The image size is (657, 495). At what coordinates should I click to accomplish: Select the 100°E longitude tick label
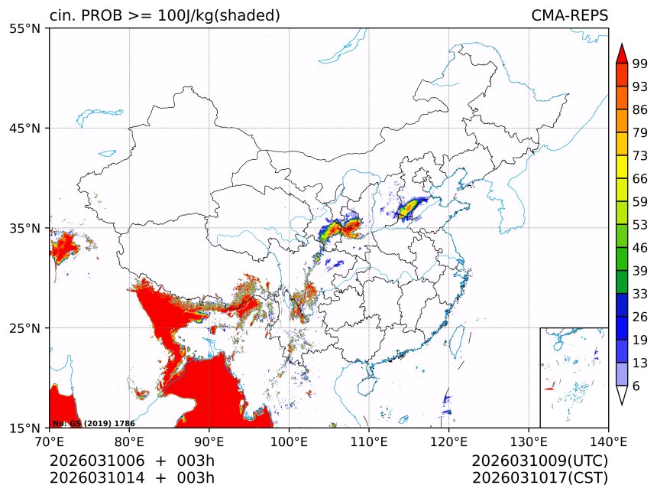(x=289, y=441)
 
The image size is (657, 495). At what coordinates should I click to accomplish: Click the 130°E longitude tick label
(x=529, y=441)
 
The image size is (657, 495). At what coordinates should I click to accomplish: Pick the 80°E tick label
(x=129, y=441)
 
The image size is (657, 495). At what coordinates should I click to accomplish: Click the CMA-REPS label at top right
(x=569, y=16)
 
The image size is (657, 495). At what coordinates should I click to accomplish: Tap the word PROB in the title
(x=96, y=16)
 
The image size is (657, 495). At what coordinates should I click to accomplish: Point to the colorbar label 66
(x=640, y=178)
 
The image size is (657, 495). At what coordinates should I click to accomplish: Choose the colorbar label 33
(x=640, y=294)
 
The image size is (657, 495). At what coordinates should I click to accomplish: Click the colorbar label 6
(x=636, y=386)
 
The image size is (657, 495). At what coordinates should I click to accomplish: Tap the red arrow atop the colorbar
(x=622, y=54)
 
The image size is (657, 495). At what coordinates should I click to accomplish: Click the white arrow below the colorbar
(x=622, y=395)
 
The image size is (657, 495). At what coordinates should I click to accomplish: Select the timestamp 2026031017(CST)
(x=539, y=478)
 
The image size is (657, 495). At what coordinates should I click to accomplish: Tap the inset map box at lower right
(x=574, y=377)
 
